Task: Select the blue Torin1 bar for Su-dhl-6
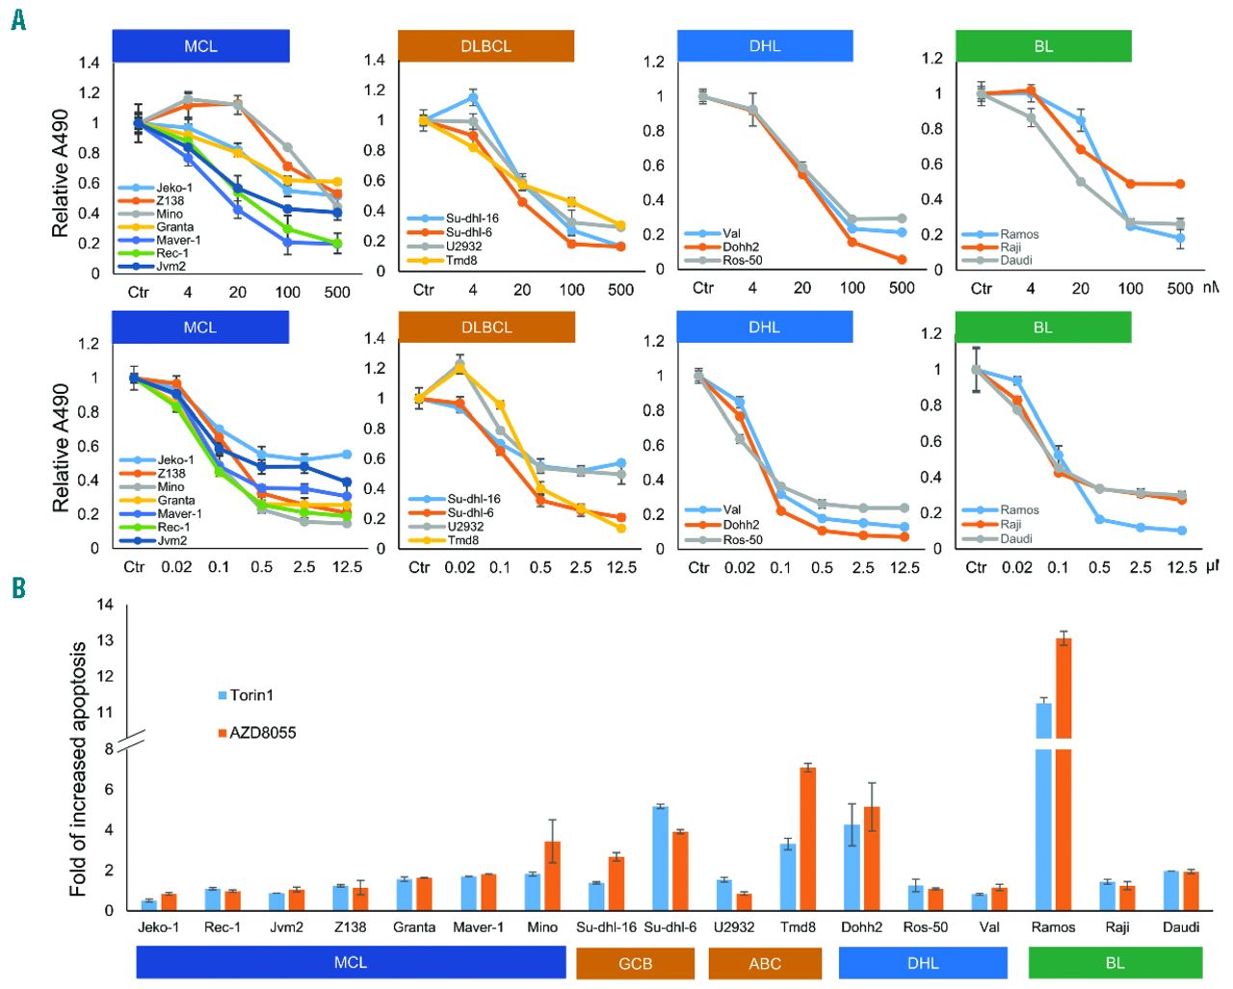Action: (x=660, y=857)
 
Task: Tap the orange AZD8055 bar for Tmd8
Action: (x=808, y=838)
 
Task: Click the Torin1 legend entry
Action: (x=247, y=695)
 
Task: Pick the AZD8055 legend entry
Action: (x=257, y=733)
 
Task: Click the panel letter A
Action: (x=17, y=18)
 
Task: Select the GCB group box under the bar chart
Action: (x=635, y=963)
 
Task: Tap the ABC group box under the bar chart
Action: (x=765, y=963)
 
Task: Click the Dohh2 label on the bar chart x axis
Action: (x=861, y=927)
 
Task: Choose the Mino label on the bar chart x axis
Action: (x=542, y=927)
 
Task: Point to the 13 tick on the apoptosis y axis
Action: (x=105, y=640)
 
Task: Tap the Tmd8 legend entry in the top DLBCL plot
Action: (x=461, y=260)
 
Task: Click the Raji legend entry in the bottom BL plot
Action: (x=1010, y=525)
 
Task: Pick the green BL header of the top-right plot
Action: (x=1043, y=46)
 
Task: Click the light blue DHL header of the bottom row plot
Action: (x=764, y=327)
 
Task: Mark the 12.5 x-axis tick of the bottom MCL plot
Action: (x=347, y=567)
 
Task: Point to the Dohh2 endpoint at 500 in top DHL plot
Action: (x=902, y=260)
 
